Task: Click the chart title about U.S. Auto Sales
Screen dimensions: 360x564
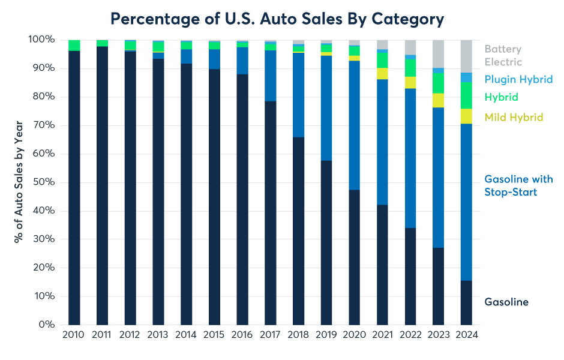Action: point(277,19)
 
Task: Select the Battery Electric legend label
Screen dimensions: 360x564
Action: point(503,55)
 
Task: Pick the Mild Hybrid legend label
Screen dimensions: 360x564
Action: point(514,117)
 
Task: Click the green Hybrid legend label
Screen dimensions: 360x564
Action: point(501,97)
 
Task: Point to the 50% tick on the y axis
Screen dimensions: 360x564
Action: point(43,182)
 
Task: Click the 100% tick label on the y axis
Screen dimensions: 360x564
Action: point(41,40)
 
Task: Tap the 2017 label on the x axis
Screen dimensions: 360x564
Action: point(270,335)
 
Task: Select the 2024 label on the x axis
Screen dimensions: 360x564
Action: point(466,335)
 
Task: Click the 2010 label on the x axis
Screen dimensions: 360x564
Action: point(74,335)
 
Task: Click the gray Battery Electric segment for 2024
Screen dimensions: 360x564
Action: point(466,56)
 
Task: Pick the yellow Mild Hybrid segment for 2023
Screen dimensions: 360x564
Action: point(438,100)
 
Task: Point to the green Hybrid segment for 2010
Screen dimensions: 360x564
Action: point(74,45)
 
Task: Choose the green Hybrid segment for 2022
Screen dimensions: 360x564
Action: point(410,68)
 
